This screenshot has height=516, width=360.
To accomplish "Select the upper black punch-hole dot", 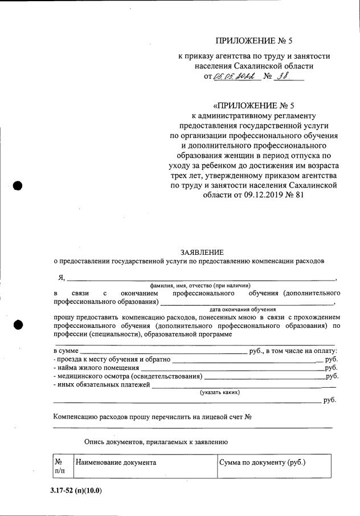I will pyautogui.click(x=18, y=185).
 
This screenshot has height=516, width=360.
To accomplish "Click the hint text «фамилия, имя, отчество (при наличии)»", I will pyautogui.click(x=201, y=285).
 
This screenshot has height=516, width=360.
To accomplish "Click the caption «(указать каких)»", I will pyautogui.click(x=219, y=392).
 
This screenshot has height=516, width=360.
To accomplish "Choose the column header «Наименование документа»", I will pyautogui.click(x=116, y=462).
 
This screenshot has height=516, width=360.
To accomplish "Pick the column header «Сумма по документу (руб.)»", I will pyautogui.click(x=263, y=462).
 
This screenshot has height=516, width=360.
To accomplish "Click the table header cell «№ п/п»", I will pyautogui.click(x=59, y=466).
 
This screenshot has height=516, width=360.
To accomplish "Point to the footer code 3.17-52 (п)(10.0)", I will pyautogui.click(x=75, y=490).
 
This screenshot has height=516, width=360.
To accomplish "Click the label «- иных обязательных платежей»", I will pyautogui.click(x=101, y=385).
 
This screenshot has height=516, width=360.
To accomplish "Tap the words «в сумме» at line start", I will pyautogui.click(x=66, y=351).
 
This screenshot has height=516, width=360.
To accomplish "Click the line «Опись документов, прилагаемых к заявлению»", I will pyautogui.click(x=156, y=441).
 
